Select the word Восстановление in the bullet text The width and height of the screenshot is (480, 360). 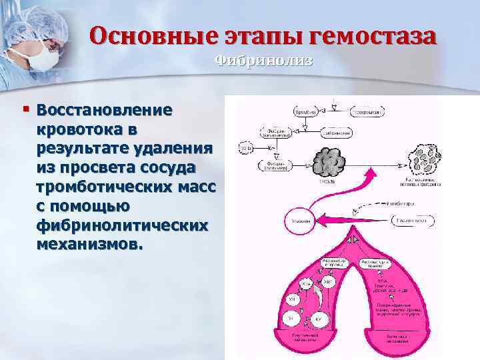coord(105,109)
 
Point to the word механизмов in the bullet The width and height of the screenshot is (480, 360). coord(89,244)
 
